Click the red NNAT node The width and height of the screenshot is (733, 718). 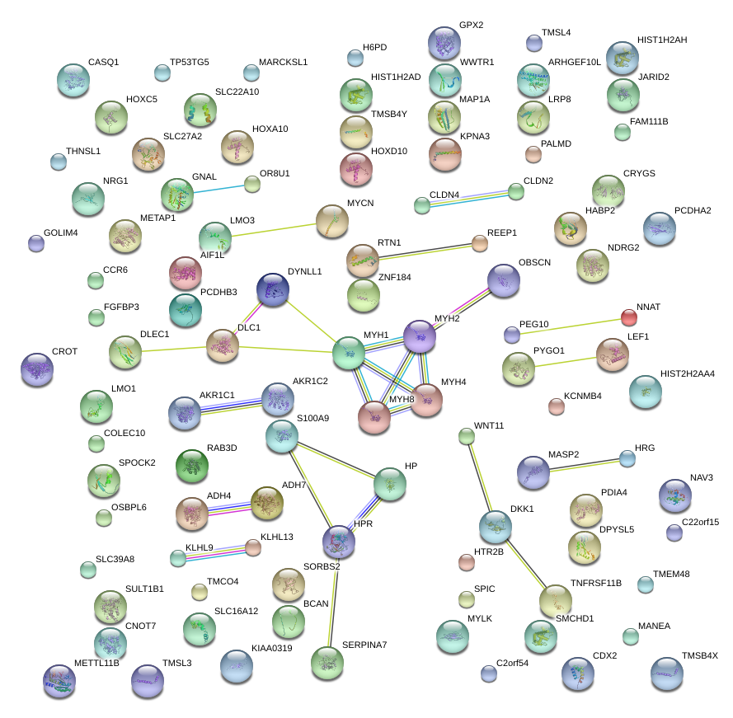coord(628,317)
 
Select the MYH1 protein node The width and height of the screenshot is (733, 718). coord(349,352)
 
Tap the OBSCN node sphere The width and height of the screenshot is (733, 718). coord(503,281)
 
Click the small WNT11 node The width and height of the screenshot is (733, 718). coord(467,437)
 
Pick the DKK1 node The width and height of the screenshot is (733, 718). coord(496,526)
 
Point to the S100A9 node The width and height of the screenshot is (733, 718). coord(283,437)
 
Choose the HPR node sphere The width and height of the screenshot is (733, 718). coord(339,541)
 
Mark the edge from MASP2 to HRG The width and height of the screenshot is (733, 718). coord(581,465)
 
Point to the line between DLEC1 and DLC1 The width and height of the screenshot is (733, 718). coord(174,350)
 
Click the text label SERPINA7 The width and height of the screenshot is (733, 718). coord(364,645)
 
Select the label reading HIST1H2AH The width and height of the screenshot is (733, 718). coord(662,40)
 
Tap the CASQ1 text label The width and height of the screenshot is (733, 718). coord(103,62)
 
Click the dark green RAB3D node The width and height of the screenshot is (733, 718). coord(192,467)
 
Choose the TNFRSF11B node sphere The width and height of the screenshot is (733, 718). coord(555,601)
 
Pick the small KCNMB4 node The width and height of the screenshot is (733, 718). coord(557,406)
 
